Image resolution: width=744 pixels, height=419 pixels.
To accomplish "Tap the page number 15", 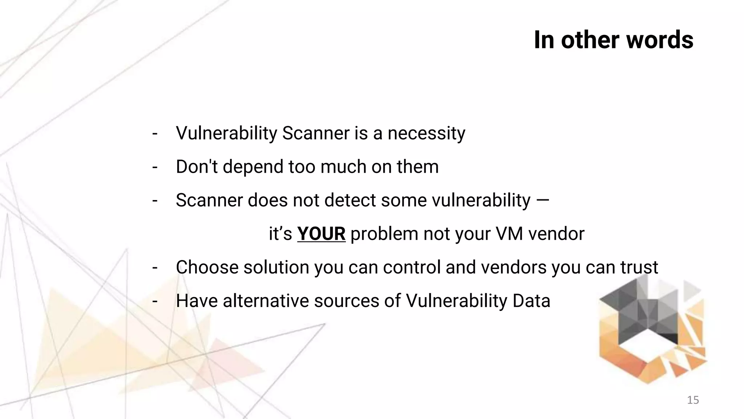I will [x=693, y=400].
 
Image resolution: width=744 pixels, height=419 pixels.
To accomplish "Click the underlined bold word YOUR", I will [x=321, y=234].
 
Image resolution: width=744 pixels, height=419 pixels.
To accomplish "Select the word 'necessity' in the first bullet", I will [x=426, y=133].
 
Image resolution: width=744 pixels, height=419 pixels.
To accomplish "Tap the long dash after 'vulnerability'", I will [x=542, y=200].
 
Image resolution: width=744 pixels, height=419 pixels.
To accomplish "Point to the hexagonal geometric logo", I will [x=652, y=329].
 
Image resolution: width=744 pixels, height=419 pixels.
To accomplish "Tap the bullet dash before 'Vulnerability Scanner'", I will [x=155, y=133].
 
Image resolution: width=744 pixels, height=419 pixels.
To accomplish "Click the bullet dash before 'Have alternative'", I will [x=155, y=301].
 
